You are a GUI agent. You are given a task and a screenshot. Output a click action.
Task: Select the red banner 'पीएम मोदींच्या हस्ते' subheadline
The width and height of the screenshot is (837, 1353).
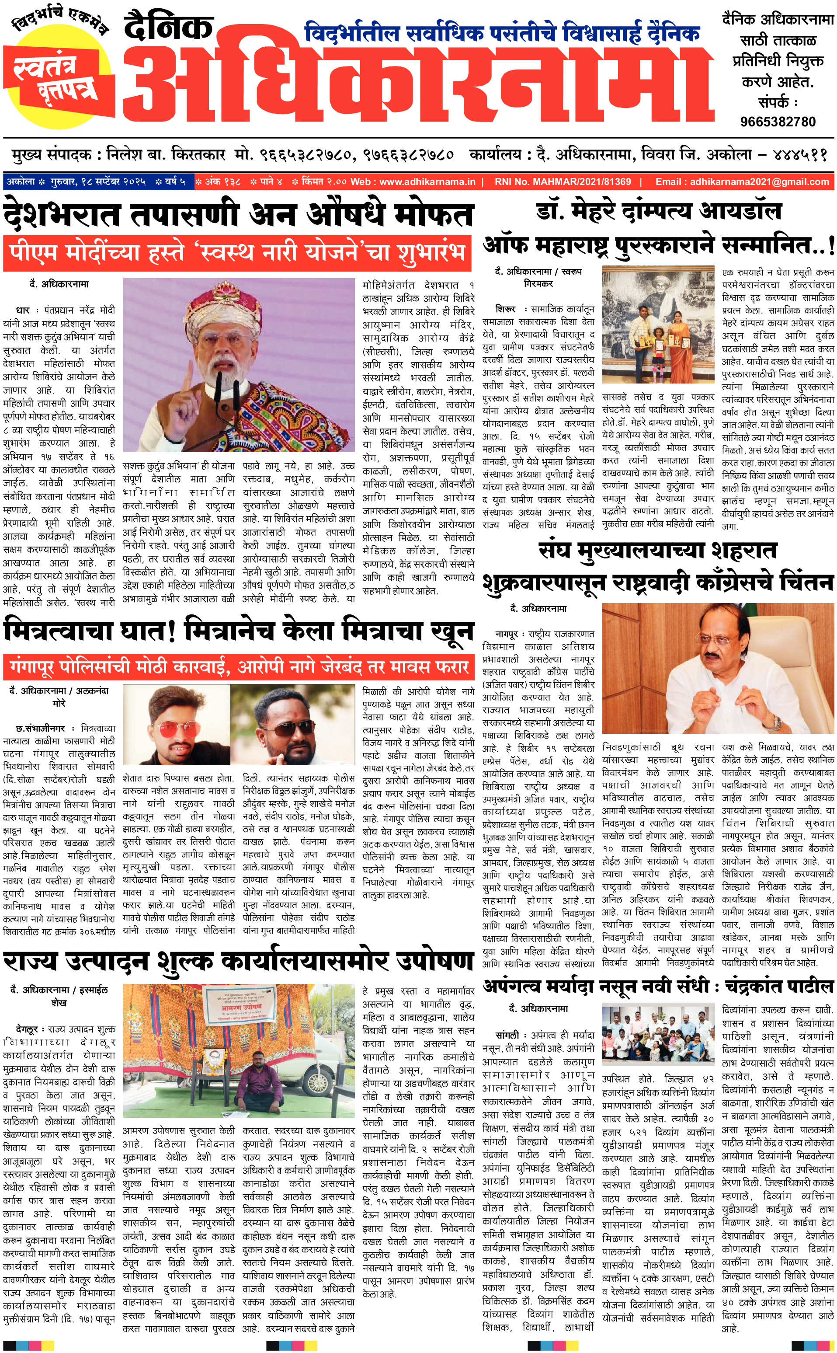[237, 253]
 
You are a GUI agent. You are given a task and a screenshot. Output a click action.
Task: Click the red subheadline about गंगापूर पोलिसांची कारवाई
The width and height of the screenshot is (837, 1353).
[238, 667]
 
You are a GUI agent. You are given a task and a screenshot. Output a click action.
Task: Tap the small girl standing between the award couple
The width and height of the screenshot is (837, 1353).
[659, 345]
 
